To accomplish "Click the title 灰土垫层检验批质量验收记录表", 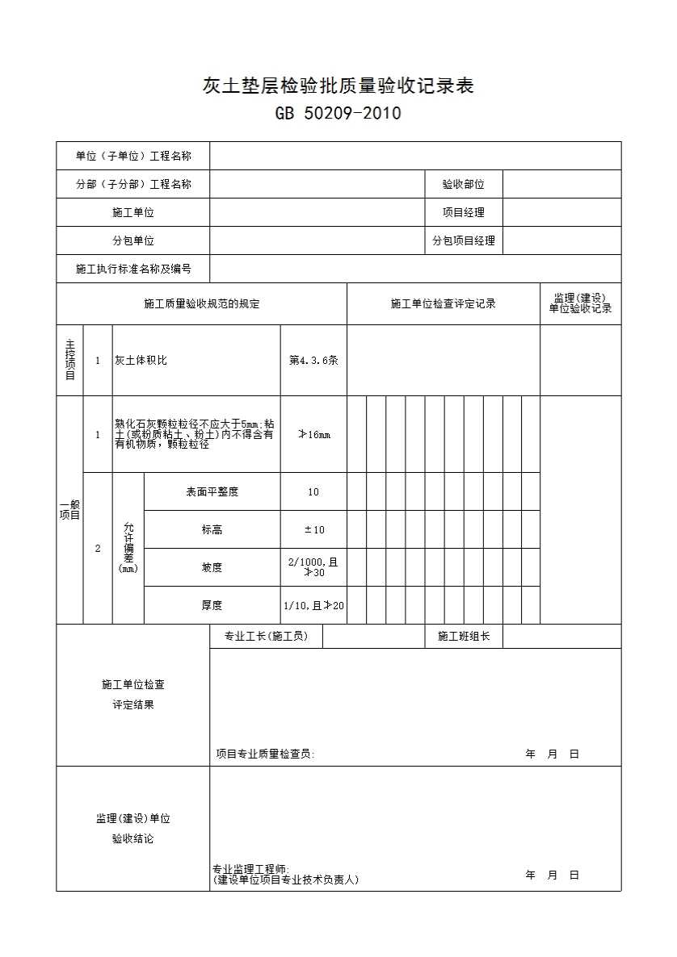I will coord(338,86).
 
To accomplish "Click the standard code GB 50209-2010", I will coord(338,114).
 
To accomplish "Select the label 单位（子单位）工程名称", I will coord(133,156).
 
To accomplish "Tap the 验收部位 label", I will coord(463,184).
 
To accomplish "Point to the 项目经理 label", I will coord(463,212).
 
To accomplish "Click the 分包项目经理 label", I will coord(463,240).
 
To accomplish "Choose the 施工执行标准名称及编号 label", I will coord(133,269).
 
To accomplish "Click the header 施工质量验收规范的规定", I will coord(202,304).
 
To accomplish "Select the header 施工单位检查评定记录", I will coord(443,304).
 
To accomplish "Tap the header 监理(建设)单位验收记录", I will coord(580,303).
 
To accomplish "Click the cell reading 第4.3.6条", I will coord(313,361).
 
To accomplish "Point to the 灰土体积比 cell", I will coord(141,361).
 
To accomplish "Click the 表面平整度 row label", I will coord(212,491).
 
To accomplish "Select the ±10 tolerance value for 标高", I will coord(313,529).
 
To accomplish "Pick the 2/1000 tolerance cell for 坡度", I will coord(313,567).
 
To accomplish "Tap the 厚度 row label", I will coord(212,605).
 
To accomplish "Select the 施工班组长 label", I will coord(463,636).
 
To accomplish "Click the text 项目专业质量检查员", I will coord(265,754).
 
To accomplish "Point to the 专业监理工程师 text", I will coord(251,869).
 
